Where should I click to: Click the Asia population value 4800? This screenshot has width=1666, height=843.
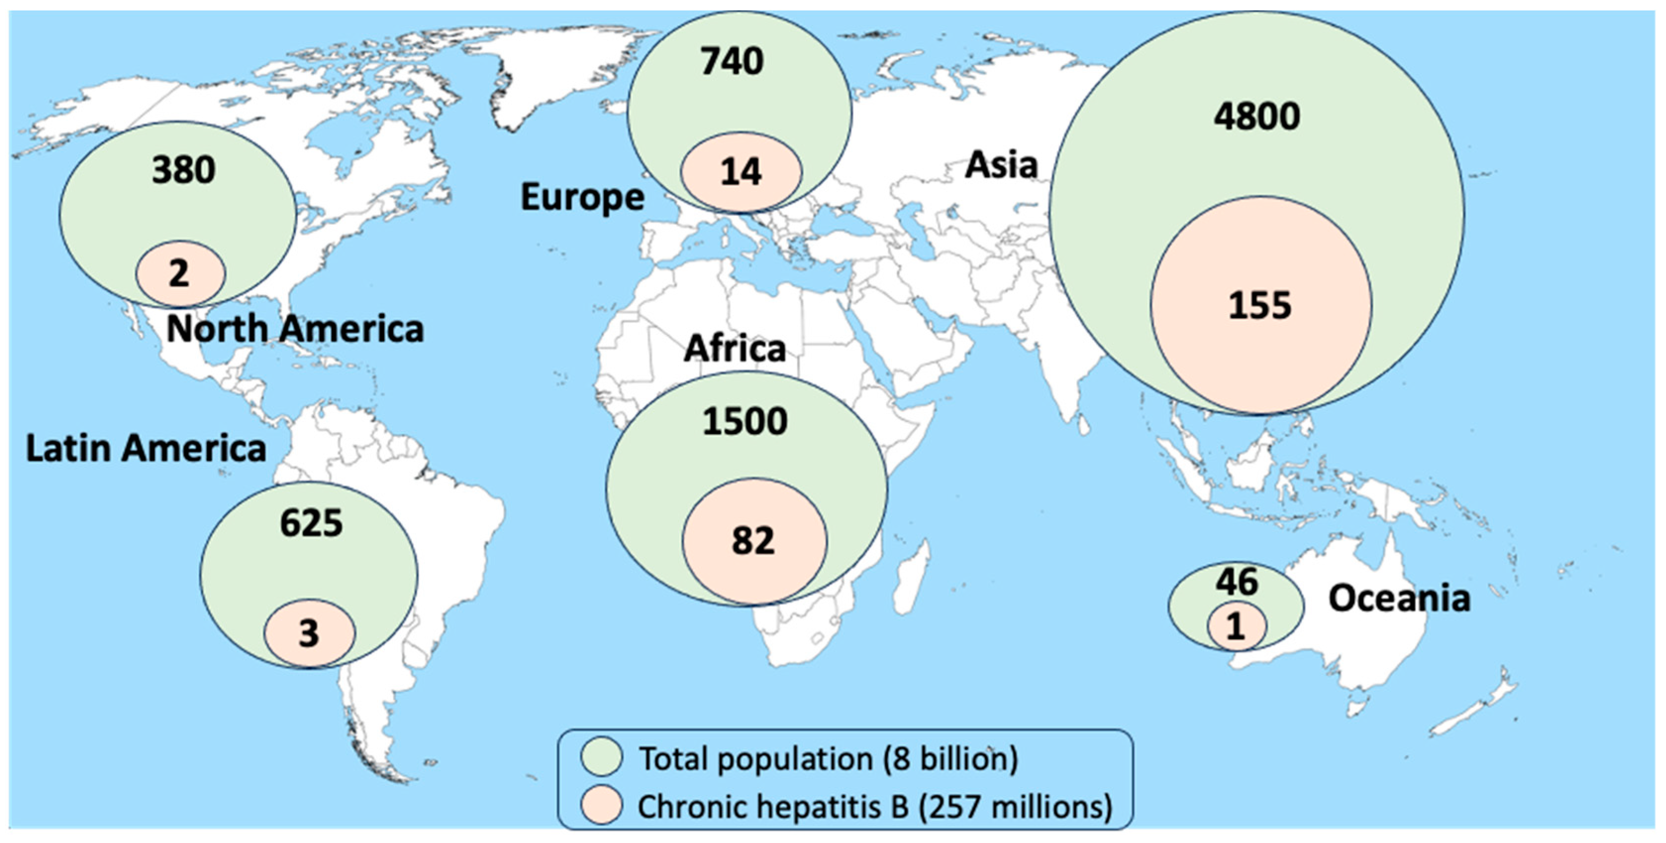[1256, 117]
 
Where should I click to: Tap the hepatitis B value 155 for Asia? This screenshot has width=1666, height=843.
[1259, 306]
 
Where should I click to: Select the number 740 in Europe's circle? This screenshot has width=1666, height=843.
[732, 61]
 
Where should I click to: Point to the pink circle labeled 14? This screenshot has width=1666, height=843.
[740, 172]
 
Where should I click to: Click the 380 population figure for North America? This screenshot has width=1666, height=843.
[184, 170]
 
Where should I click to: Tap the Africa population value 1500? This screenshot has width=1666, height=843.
[744, 421]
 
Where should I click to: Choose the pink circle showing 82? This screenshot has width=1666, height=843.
[753, 540]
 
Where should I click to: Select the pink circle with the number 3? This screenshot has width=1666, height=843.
[309, 632]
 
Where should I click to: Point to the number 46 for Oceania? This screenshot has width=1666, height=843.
[1236, 581]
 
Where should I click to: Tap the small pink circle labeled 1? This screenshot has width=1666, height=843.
[1236, 626]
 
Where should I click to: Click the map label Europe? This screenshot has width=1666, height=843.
[582, 197]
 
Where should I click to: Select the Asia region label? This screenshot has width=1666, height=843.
[1001, 165]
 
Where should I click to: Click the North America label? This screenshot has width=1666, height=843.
[295, 329]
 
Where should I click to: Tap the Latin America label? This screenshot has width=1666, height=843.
[146, 448]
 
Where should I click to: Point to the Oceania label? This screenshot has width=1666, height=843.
[1399, 598]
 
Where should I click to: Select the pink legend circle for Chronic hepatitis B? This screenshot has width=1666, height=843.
[601, 805]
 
